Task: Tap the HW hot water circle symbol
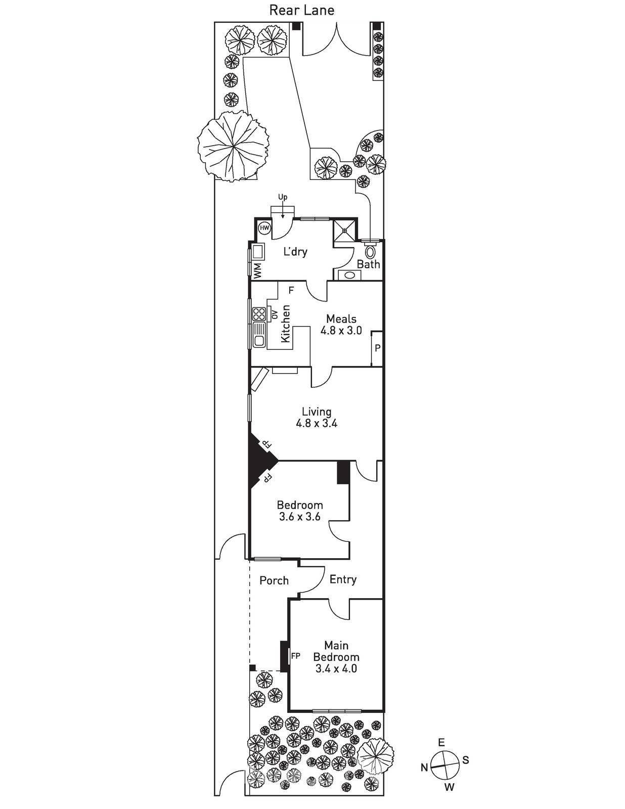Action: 264,228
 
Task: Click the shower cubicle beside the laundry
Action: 345,231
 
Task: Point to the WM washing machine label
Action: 258,271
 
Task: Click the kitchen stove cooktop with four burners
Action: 259,313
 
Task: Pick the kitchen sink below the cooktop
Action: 259,335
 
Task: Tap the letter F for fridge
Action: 291,290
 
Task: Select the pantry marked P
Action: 377,348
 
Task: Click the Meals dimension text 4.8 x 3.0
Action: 341,330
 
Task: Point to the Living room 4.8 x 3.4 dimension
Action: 317,423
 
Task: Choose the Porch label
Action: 274,580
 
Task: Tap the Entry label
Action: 343,579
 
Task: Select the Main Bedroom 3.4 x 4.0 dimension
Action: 336,668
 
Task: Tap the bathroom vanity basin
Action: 349,275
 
